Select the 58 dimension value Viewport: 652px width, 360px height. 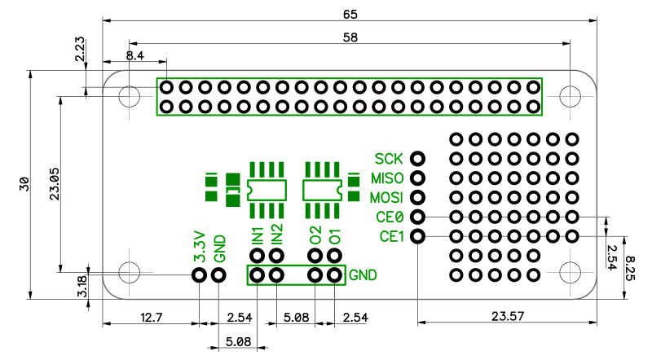(350, 37)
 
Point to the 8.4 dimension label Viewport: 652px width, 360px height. (135, 55)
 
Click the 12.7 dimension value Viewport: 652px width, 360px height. (150, 317)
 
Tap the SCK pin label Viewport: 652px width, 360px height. (389, 158)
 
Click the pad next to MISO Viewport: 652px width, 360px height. (418, 178)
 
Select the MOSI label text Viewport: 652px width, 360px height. (386, 198)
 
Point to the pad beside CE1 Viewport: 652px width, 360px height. (418, 236)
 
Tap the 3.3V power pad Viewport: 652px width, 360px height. (199, 275)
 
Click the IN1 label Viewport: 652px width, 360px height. (258, 235)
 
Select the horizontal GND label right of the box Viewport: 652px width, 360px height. (363, 275)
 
